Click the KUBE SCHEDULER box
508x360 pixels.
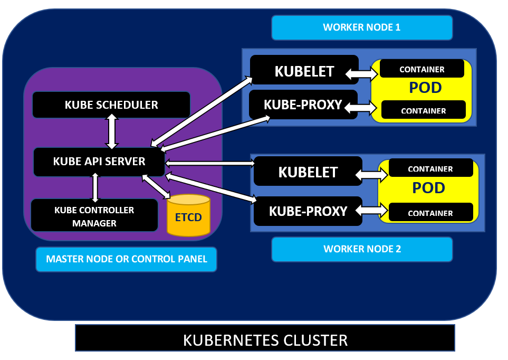[x=111, y=105]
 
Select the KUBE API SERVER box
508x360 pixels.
[x=99, y=162]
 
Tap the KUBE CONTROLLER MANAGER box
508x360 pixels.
[x=95, y=216]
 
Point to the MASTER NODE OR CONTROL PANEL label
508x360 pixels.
[x=127, y=259]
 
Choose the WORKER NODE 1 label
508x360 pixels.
[x=362, y=27]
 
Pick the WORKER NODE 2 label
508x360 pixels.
[x=362, y=249]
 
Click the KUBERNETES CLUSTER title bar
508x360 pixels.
[x=265, y=338]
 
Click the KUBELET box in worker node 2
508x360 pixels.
[x=308, y=172]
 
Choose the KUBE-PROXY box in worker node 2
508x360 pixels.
[x=308, y=211]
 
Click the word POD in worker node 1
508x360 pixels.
[x=425, y=88]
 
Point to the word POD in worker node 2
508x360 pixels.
[x=428, y=188]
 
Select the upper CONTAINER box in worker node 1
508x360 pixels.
[x=421, y=69]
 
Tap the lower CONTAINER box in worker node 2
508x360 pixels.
[x=430, y=213]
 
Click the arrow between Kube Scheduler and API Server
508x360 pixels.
[x=112, y=132]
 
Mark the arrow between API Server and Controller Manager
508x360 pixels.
[x=95, y=187]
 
